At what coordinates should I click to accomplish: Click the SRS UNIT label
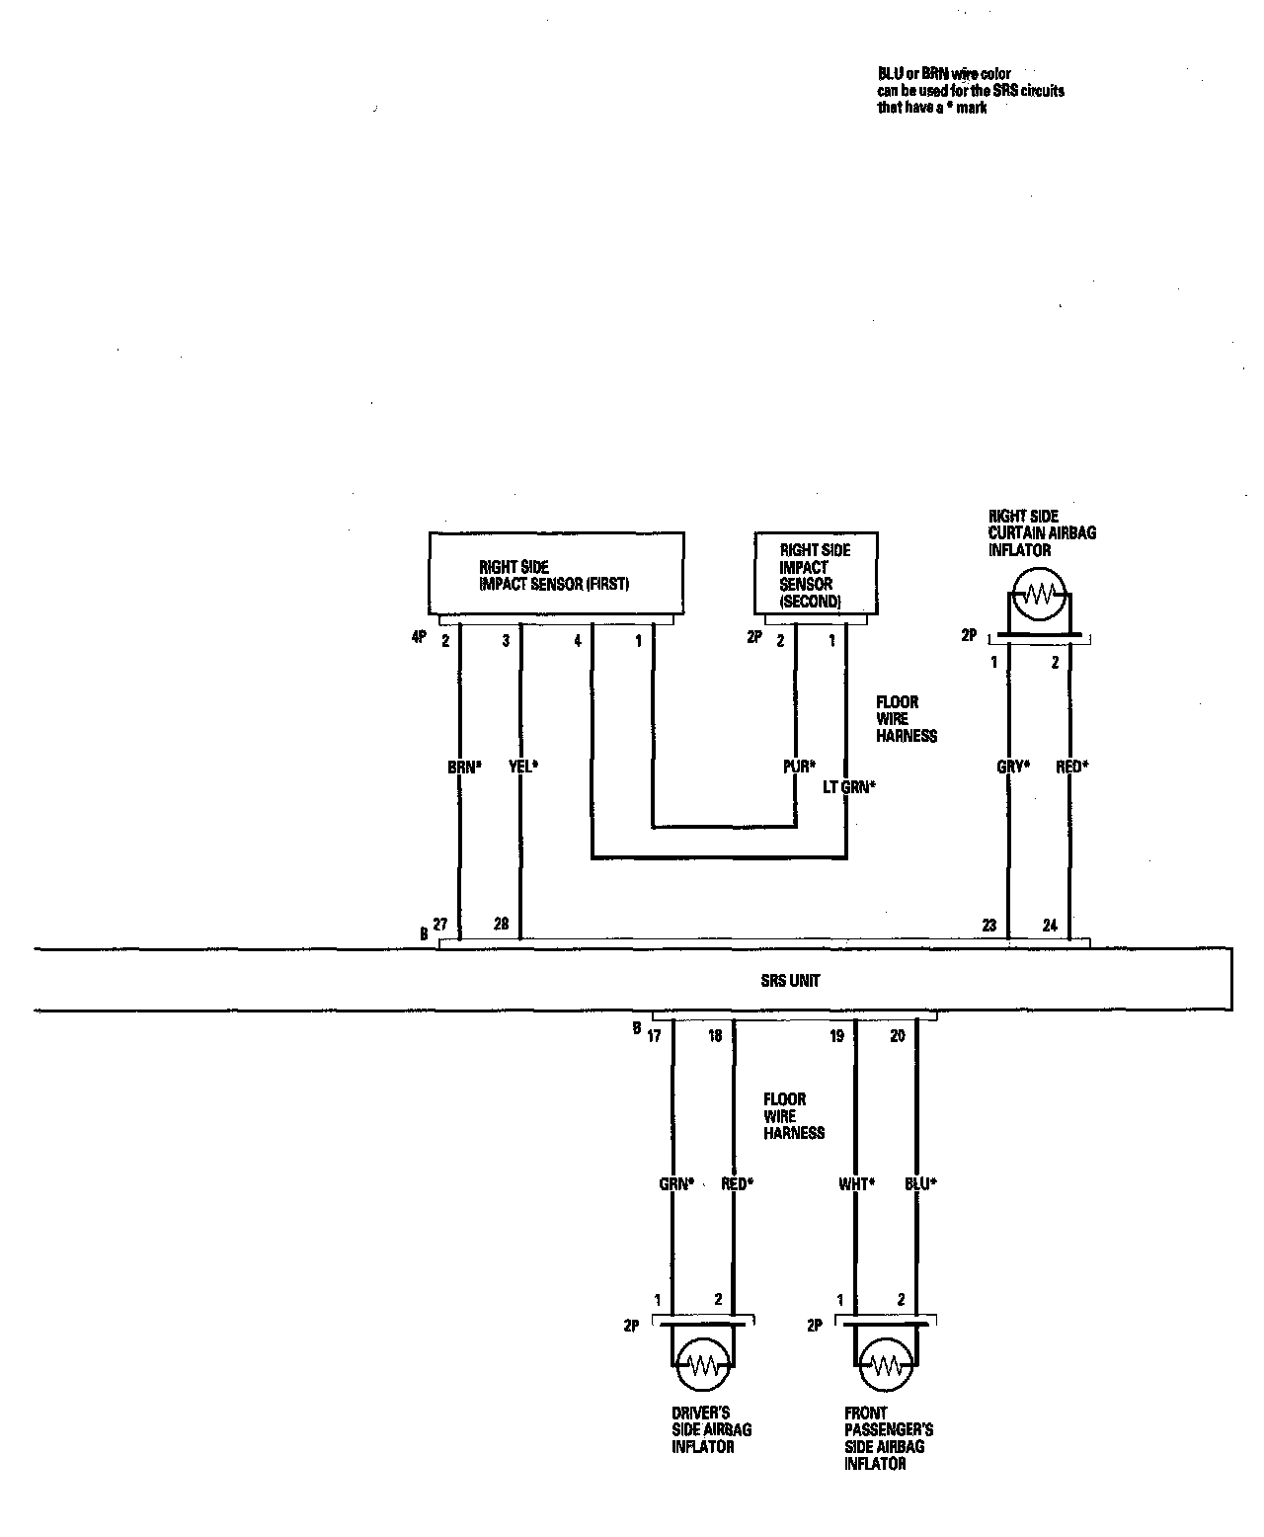[790, 981]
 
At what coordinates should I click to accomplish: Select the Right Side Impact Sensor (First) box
[555, 575]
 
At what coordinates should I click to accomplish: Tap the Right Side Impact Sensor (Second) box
[815, 575]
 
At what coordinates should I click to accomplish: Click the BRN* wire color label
[463, 766]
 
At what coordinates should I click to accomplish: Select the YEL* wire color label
[522, 766]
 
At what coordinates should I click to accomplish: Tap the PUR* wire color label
[798, 766]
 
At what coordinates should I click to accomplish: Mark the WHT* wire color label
[856, 1183]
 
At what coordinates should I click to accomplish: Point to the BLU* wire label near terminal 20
[920, 1183]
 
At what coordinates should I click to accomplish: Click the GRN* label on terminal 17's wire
[676, 1183]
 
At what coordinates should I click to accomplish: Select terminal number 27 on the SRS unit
[440, 925]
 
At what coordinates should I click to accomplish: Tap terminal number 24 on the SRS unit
[1050, 926]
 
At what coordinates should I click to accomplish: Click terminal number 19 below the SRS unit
[836, 1036]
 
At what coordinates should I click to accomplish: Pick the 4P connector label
[419, 637]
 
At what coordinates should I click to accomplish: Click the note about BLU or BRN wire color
[971, 91]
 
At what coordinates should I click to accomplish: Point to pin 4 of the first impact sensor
[578, 641]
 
